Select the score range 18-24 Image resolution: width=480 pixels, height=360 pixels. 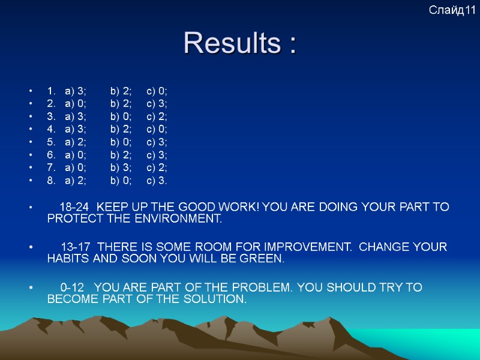[x=74, y=207]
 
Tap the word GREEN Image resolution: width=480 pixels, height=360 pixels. [x=265, y=259]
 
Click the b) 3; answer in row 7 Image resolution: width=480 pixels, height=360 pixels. [x=121, y=167]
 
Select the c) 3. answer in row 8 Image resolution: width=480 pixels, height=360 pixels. [x=157, y=180]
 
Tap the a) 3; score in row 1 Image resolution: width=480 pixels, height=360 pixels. [x=75, y=91]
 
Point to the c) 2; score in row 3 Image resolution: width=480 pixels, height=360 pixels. [x=157, y=116]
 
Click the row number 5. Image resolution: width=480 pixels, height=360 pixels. [x=50, y=142]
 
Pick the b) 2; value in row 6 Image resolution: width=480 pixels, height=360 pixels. [x=121, y=155]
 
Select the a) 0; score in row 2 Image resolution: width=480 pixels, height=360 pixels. [x=75, y=104]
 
